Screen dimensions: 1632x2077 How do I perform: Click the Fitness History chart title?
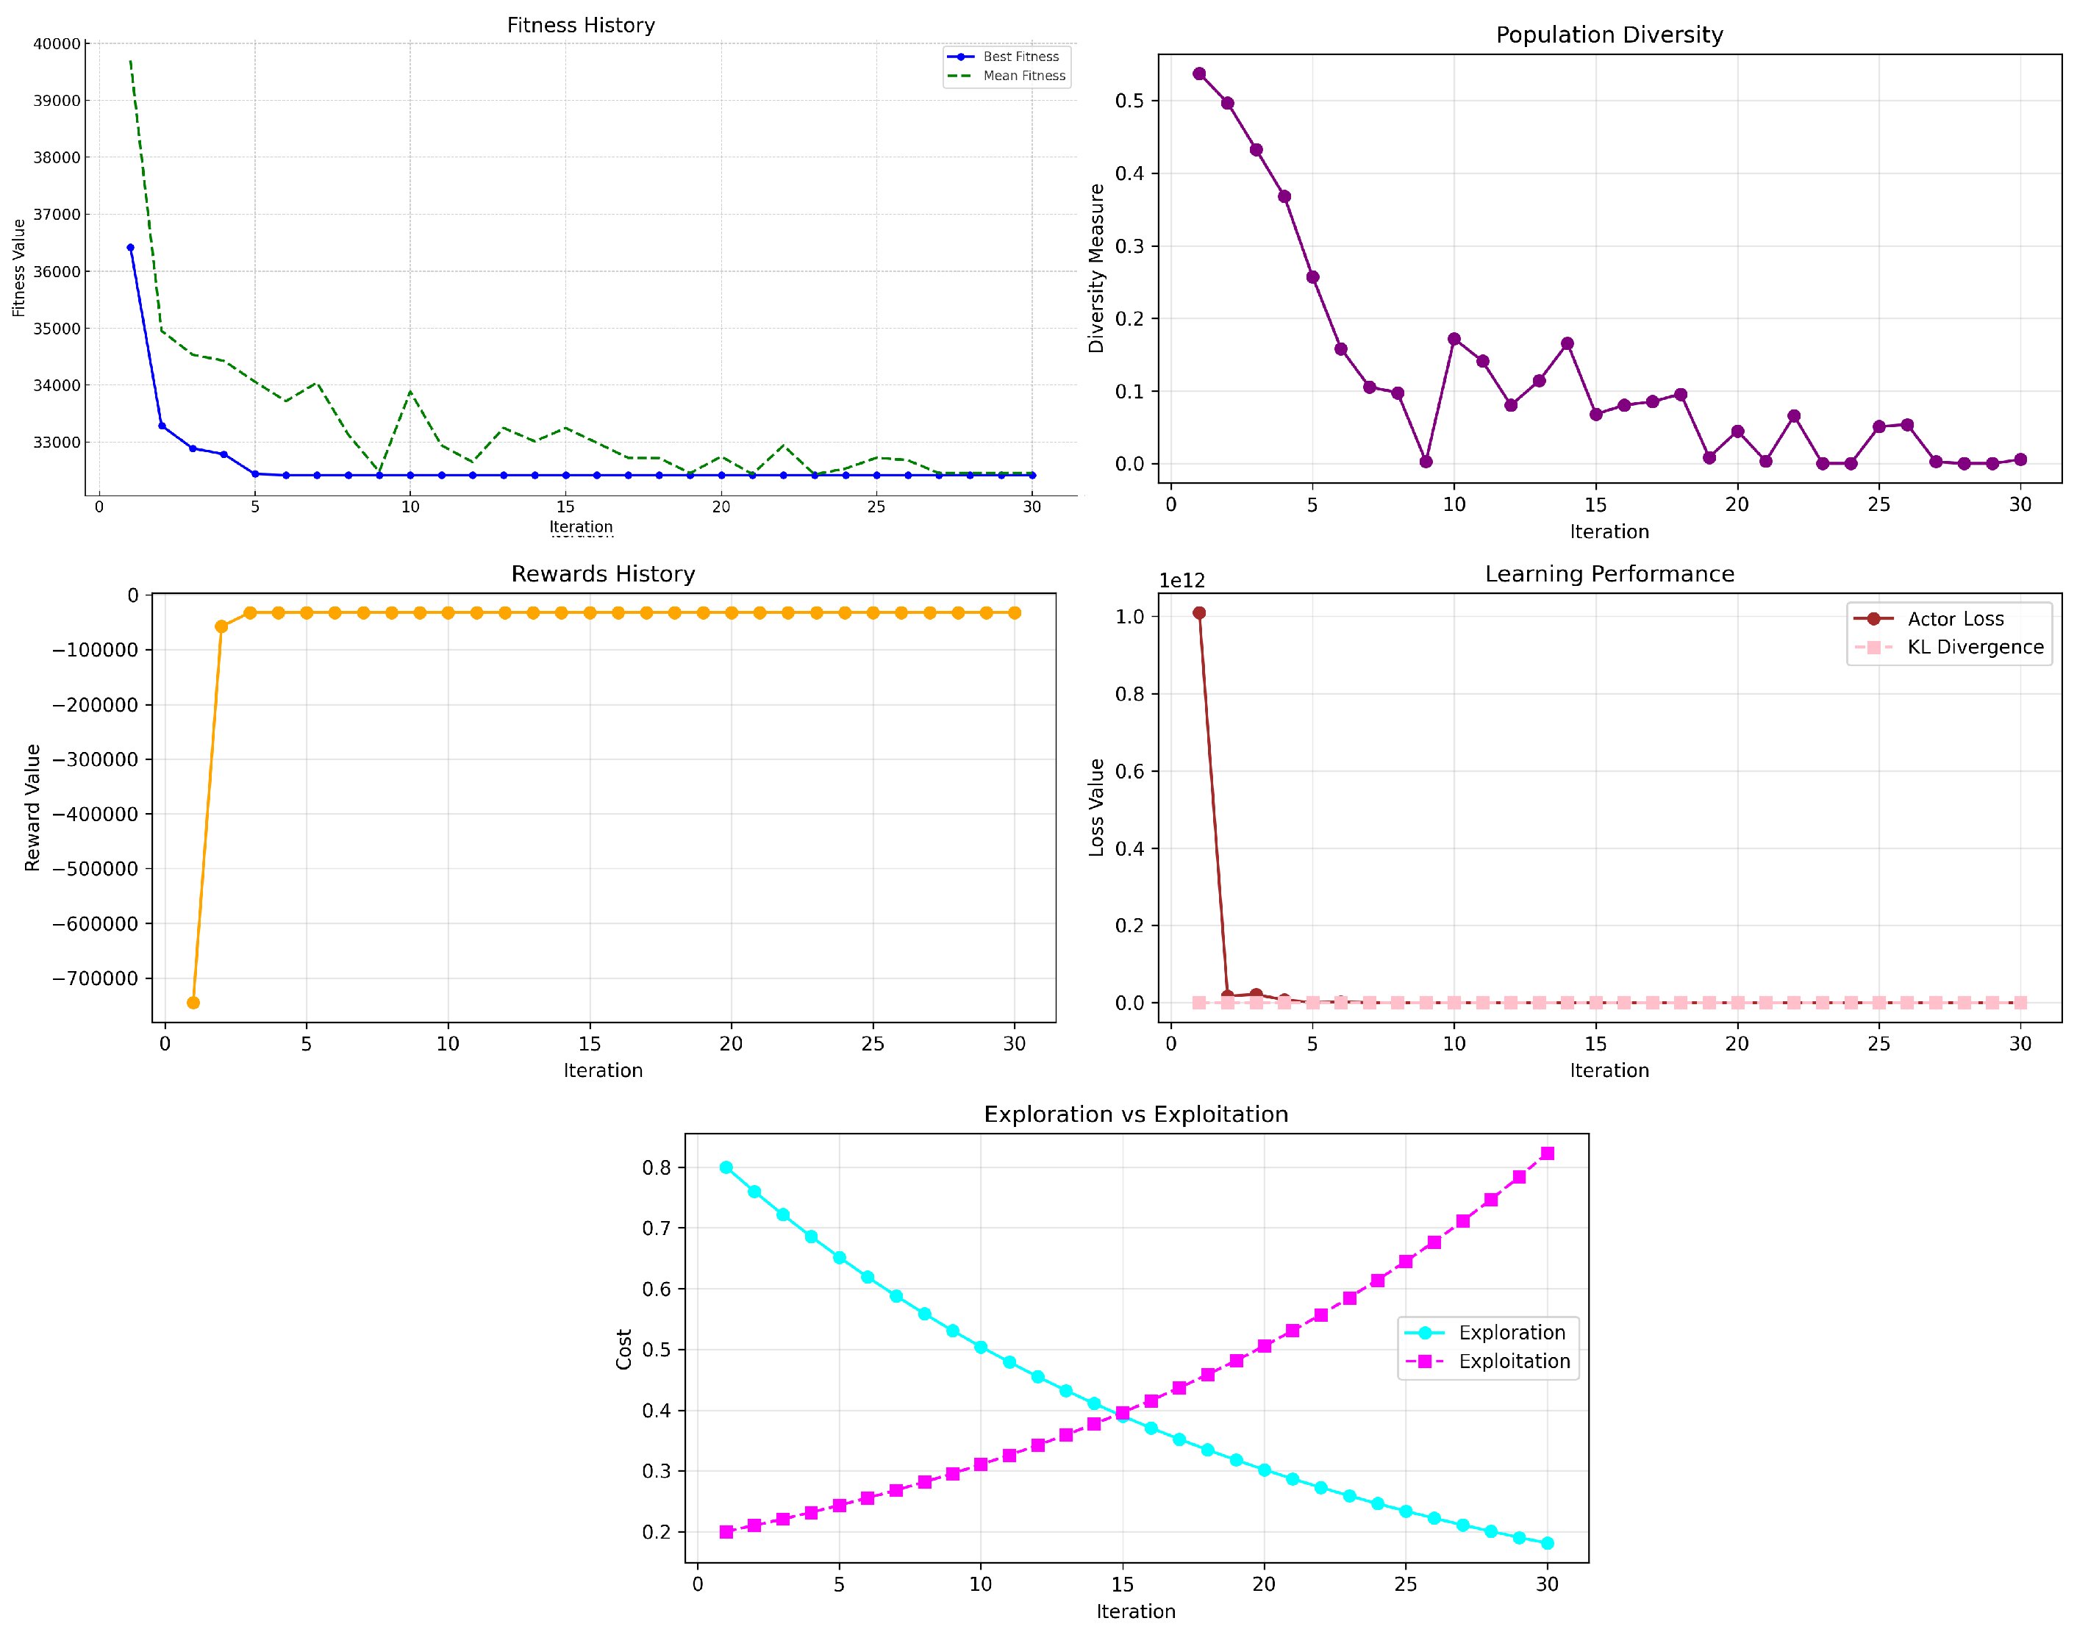pos(581,26)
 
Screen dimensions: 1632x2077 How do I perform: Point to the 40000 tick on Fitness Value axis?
pos(57,44)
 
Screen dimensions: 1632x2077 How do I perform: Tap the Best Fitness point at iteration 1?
pos(131,248)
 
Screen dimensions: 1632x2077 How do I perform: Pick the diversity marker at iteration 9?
pos(1426,462)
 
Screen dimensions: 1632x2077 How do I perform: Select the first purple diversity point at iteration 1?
pos(1199,74)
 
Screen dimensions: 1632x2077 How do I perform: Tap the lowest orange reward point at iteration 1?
pos(193,1002)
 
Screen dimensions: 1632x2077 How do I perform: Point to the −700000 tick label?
pos(96,978)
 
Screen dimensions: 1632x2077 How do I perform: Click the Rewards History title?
pos(603,574)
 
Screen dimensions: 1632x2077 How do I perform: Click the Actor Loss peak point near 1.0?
pos(1199,613)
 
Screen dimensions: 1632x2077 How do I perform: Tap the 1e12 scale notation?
pos(1182,581)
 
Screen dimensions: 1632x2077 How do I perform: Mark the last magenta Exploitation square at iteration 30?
pos(1547,1153)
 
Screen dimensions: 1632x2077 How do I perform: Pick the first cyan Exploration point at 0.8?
pos(726,1167)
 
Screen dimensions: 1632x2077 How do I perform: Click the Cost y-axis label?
pos(624,1349)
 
